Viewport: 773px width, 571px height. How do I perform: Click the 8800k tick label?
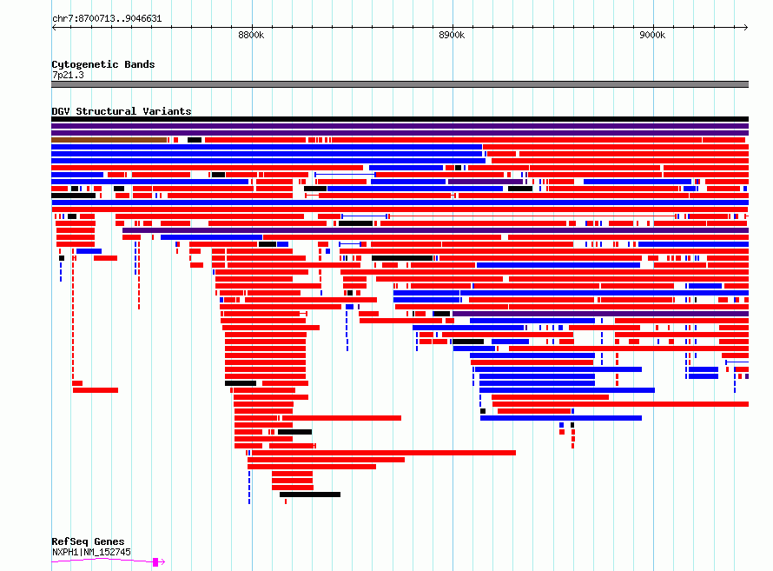[x=251, y=35]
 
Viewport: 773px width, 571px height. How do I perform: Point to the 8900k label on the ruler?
[x=452, y=35]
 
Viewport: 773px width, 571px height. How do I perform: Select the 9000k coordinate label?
[x=652, y=35]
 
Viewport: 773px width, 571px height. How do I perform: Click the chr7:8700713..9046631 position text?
[x=107, y=19]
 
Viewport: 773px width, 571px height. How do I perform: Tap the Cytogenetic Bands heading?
[x=103, y=64]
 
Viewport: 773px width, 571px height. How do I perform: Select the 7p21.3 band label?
[x=68, y=75]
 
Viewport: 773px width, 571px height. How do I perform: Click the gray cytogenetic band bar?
[x=400, y=84]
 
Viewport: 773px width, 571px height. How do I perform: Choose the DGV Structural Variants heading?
[x=122, y=111]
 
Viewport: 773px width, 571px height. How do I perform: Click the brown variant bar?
[x=109, y=140]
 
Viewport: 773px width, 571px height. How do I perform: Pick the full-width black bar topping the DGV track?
[x=400, y=119]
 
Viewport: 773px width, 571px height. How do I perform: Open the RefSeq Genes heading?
[x=88, y=541]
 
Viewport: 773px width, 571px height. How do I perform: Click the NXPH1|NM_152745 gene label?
[x=91, y=552]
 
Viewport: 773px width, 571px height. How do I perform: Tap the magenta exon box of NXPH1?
[x=155, y=561]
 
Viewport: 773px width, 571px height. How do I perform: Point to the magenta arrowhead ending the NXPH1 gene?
[x=162, y=561]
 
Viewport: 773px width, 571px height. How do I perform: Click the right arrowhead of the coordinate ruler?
[x=746, y=28]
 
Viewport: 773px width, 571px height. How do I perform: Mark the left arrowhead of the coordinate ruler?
[x=54, y=28]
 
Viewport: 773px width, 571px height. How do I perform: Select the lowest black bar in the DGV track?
[x=310, y=495]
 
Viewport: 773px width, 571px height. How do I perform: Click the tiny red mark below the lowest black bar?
[x=286, y=501]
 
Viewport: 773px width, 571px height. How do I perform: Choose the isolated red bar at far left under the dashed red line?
[x=96, y=390]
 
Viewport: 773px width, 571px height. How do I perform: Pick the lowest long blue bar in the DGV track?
[x=561, y=418]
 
